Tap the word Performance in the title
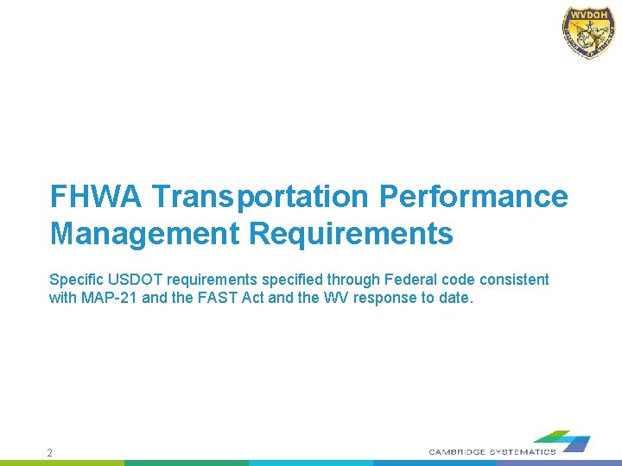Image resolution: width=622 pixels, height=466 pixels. point(473,197)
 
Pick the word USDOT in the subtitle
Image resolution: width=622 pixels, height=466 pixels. point(133,280)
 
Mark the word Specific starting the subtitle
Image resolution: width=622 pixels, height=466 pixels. point(75,280)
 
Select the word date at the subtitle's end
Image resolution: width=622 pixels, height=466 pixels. point(456,299)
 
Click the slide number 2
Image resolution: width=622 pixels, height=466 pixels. point(50,452)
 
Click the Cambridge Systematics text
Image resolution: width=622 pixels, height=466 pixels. point(492,452)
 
